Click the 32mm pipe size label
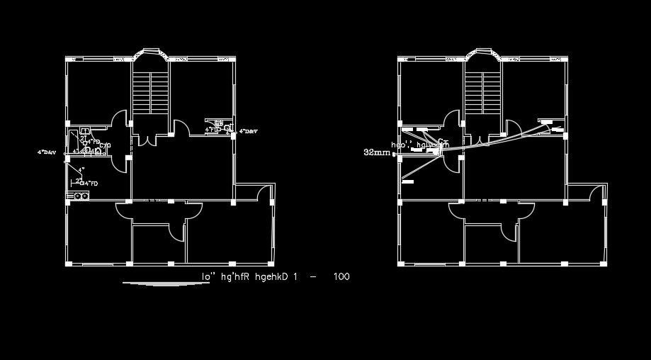[376, 152]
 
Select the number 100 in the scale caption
[341, 276]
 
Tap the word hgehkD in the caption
[273, 276]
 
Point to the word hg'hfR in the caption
[235, 276]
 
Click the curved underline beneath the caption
[163, 284]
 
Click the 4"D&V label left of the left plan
[47, 152]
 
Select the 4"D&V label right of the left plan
[249, 132]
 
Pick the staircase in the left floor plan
[150, 91]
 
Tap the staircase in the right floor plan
[483, 91]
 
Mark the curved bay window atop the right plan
[484, 54]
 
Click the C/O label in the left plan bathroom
[105, 146]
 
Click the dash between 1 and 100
[313, 276]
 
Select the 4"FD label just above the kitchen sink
[90, 184]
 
